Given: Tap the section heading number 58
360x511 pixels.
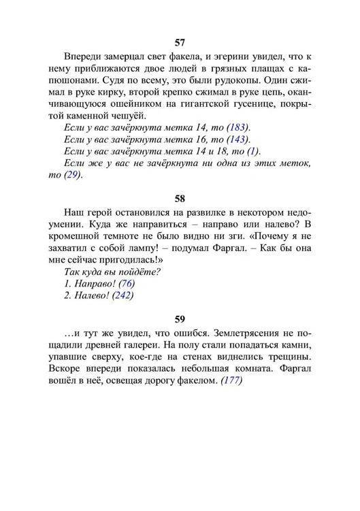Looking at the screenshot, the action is click(180, 199).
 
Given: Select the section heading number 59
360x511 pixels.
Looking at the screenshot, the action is click(180, 318).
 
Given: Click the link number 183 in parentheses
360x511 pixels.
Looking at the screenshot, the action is click(238, 128).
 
